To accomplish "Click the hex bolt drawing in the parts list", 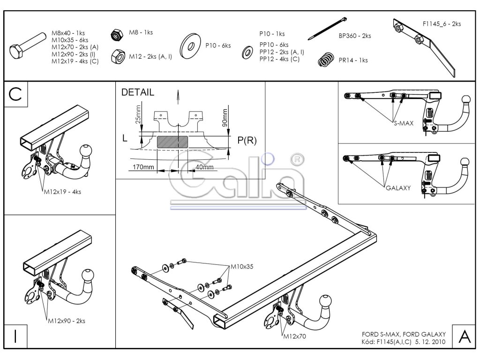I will coord(28,49).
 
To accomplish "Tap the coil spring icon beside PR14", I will coord(325,59).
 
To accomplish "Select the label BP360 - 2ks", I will coord(355,36).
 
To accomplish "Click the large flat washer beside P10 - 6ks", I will coord(191,45).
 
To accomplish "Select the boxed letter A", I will coord(464,336).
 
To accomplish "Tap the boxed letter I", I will coord(15,336).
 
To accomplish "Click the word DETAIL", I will coord(137,92).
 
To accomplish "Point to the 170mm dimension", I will coord(140,167).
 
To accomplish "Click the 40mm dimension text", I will coord(203,167).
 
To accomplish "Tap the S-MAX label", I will coord(403,123).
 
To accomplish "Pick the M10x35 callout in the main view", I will coord(242,266).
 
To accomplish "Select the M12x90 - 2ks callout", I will coord(66,321).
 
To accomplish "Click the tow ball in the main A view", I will coord(326,301).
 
